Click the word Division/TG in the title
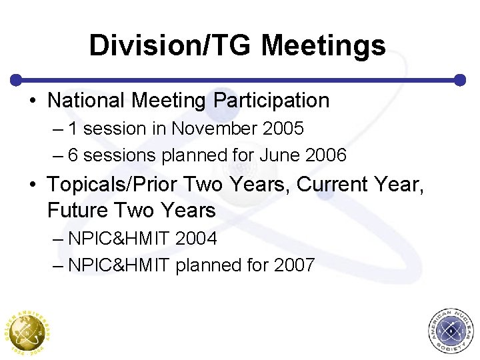coord(170,45)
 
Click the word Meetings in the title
coord(323,45)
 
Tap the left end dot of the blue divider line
coord(17,79)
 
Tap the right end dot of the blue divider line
coord(460,79)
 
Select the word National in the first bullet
coord(87,101)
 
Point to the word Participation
coord(271,101)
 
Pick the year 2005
coord(283,128)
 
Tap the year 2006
coord(325,155)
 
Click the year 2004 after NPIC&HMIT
coord(197,238)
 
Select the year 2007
coord(294,265)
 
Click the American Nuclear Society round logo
coord(452,331)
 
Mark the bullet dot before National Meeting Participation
coord(33,101)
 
